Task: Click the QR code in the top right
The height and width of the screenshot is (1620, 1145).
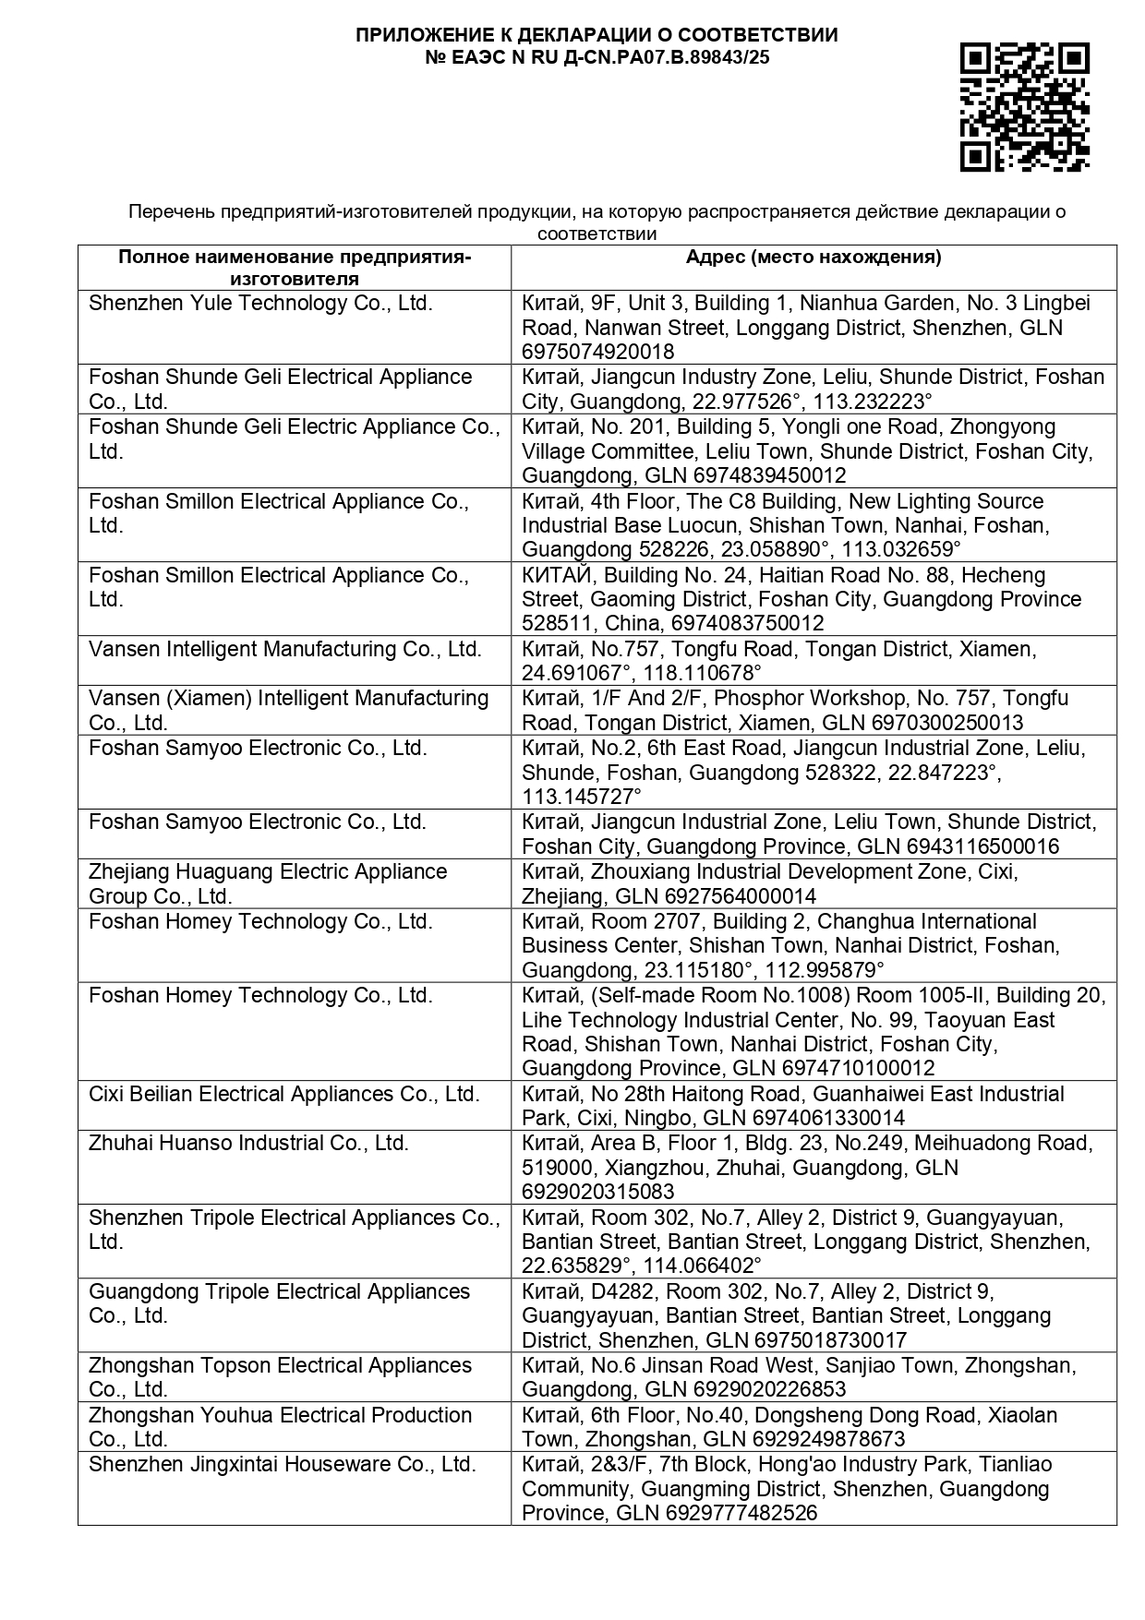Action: (1024, 107)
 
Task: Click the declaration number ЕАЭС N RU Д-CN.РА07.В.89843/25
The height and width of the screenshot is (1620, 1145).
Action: (597, 58)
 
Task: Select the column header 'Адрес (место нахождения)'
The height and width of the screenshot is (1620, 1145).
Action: (813, 257)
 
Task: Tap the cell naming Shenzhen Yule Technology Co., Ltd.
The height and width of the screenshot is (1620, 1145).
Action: (260, 304)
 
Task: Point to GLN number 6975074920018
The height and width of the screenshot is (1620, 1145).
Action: (597, 352)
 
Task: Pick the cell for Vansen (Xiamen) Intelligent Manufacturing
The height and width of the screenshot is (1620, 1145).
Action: (288, 710)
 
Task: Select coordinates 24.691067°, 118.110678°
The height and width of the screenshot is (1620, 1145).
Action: (642, 673)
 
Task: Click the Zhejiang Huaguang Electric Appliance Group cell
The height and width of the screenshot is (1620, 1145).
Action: (268, 883)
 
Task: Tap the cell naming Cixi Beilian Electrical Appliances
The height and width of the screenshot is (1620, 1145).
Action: (284, 1094)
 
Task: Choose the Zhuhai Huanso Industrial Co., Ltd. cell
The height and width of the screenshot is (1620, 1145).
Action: (248, 1143)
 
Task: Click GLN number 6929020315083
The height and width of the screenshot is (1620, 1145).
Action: (597, 1192)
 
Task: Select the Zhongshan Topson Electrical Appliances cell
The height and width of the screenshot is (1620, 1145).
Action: (280, 1377)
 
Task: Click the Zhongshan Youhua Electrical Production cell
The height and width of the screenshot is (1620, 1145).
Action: (280, 1426)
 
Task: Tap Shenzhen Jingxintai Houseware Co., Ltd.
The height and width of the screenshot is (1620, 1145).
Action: (282, 1464)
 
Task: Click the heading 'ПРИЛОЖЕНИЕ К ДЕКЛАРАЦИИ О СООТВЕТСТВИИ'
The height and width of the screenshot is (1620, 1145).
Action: (597, 35)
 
